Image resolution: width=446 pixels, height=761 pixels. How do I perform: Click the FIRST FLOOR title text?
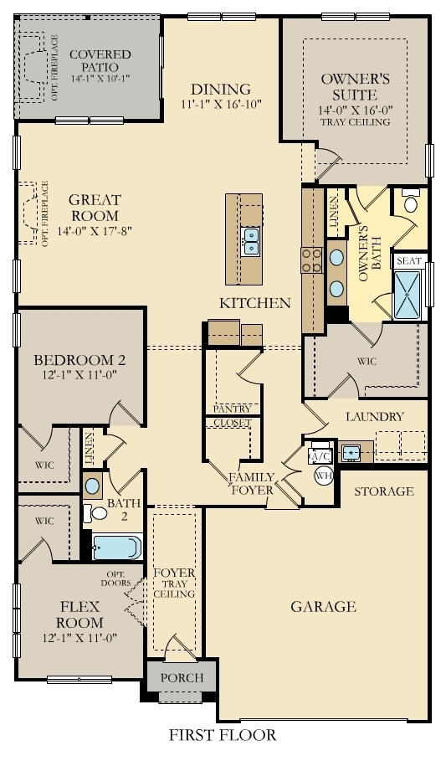[222, 736]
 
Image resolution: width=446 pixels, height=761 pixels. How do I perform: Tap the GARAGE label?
[323, 606]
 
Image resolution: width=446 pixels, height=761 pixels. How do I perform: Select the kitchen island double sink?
[249, 242]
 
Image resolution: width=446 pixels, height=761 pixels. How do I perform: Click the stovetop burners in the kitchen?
[312, 260]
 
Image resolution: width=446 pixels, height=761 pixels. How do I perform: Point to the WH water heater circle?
[324, 476]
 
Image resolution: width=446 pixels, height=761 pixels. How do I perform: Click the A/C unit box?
[320, 456]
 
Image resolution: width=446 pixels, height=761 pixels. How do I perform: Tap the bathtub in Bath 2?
[116, 547]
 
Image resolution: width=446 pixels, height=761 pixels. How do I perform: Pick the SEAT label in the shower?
[408, 261]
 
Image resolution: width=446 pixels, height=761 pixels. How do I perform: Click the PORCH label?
[182, 677]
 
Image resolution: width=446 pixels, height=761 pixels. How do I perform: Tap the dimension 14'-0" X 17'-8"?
[95, 229]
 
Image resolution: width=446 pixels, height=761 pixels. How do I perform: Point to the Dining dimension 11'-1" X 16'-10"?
[220, 105]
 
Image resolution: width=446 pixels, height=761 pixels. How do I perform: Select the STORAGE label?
[383, 491]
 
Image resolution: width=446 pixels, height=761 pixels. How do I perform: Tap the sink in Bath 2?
[93, 486]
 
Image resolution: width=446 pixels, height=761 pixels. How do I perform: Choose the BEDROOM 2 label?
[79, 361]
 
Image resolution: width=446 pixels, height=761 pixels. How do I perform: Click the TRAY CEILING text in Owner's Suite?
[355, 122]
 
